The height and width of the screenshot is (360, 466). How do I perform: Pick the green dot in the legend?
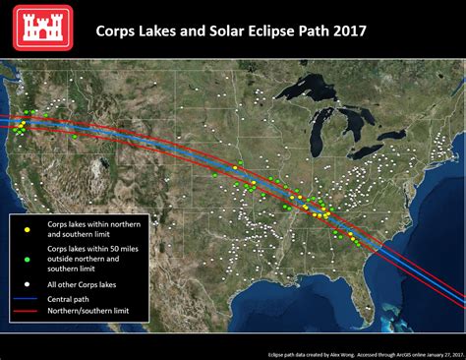28,258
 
